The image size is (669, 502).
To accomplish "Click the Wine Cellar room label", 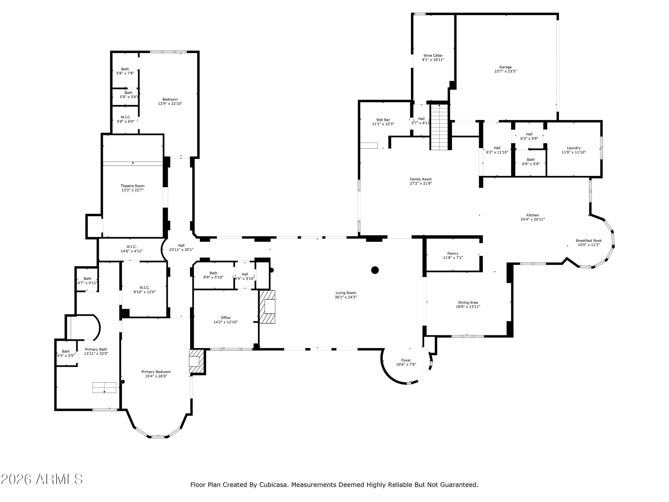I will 433,56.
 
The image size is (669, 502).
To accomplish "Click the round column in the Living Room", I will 375,270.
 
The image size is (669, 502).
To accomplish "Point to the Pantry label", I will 453,254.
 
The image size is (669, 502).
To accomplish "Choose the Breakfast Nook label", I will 588,241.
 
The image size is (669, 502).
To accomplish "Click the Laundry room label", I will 573,148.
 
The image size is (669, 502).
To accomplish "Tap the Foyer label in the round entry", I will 406,360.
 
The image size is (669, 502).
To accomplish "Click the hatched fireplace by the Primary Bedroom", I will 197,361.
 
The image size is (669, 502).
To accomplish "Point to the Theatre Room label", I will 132,186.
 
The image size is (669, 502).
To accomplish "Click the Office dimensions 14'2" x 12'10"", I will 226,322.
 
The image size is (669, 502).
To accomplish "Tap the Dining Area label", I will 468,302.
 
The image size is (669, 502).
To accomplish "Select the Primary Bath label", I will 96,349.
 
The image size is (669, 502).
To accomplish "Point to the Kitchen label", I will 532,215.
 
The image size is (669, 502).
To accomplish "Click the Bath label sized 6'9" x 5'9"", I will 530,160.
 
